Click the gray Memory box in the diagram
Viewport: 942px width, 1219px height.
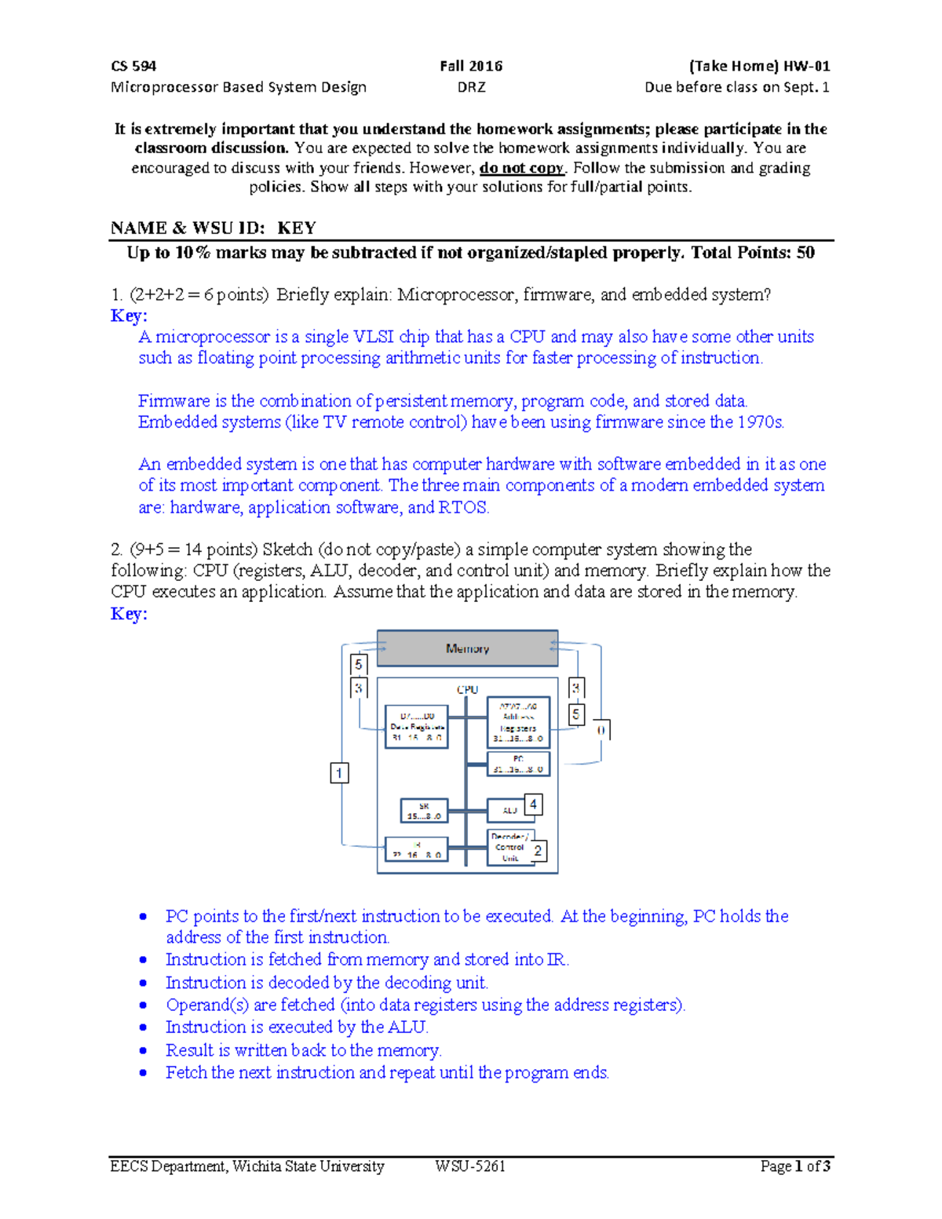(x=467, y=648)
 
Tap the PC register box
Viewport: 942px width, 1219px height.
(x=518, y=764)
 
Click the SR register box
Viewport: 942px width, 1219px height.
(x=424, y=811)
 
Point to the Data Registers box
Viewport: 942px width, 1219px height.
(x=417, y=726)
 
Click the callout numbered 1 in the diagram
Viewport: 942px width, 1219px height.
(x=339, y=773)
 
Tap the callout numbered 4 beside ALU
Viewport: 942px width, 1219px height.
(x=533, y=804)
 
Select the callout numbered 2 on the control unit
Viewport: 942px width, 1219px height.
(x=538, y=851)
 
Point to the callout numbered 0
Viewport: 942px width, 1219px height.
(x=601, y=730)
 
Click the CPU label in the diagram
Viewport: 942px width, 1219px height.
(x=467, y=689)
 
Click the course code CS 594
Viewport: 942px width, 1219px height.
(x=133, y=66)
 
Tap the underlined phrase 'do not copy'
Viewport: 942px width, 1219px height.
(x=522, y=168)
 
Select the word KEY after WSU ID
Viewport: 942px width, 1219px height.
(x=297, y=228)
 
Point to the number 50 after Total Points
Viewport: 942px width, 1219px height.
(x=805, y=253)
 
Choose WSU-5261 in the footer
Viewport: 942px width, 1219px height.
(x=470, y=1166)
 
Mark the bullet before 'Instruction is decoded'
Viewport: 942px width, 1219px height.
(x=143, y=984)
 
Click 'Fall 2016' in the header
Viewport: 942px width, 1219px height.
(x=471, y=66)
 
